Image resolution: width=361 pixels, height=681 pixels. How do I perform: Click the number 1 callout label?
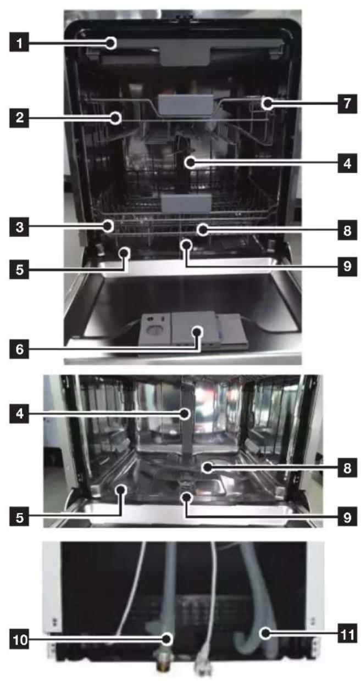[x=19, y=43]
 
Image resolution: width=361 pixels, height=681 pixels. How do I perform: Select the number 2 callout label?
[x=19, y=118]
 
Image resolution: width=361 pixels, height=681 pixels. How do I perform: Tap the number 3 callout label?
[x=19, y=227]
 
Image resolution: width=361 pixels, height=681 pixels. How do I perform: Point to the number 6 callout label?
[x=19, y=349]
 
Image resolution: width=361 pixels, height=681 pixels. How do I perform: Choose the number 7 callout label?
[x=347, y=103]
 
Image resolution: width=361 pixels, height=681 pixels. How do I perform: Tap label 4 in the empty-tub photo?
[x=19, y=414]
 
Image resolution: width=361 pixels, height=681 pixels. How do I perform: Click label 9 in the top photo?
[x=347, y=266]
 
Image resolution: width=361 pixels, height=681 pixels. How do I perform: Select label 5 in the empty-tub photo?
[x=19, y=517]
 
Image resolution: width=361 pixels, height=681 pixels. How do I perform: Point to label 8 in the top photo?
[x=347, y=231]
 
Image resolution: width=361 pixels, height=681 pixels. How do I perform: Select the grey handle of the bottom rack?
[x=186, y=203]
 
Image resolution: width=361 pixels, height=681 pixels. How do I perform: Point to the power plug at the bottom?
[x=202, y=665]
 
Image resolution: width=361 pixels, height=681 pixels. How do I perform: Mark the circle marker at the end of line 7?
[x=268, y=103]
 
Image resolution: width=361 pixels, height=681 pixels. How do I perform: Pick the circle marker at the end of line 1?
[x=112, y=43]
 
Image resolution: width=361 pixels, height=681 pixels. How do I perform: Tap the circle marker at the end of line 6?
[x=197, y=332]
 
